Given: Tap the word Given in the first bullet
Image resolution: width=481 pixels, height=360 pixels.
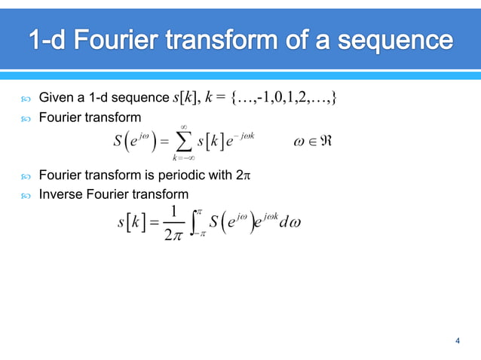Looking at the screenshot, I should (55, 96).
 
